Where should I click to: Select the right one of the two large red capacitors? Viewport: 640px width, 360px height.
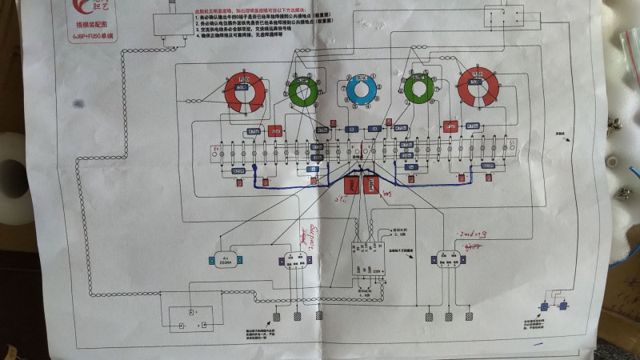click(370, 186)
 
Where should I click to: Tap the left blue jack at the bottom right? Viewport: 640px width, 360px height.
click(544, 306)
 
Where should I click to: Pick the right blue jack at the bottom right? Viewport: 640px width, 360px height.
click(563, 306)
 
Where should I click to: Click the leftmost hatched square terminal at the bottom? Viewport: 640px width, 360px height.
click(276, 318)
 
